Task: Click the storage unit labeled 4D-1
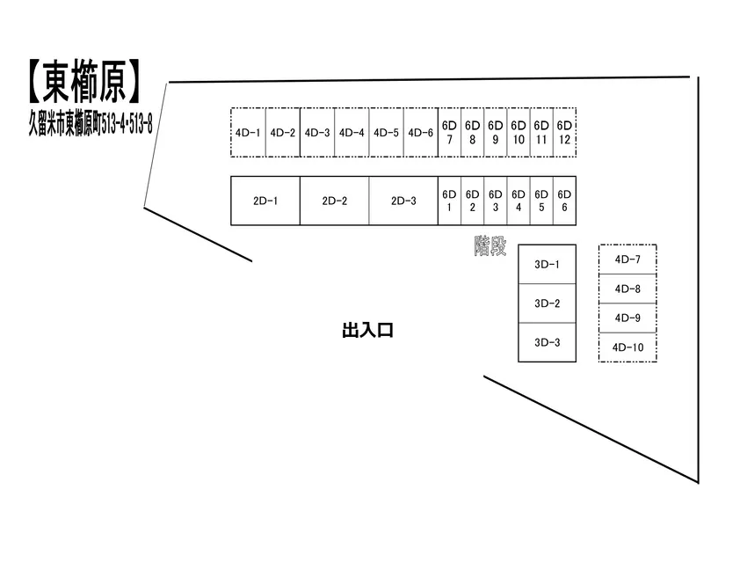[x=248, y=133]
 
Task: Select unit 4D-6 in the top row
[x=421, y=133]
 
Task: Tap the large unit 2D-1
[x=265, y=201]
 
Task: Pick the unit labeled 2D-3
[x=403, y=201]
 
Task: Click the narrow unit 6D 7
[x=449, y=133]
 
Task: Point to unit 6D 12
[x=564, y=133]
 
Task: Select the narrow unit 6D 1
[x=449, y=201]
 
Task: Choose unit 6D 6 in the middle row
[x=564, y=201]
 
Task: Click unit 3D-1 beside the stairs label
[x=547, y=265]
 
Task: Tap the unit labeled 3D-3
[x=547, y=343]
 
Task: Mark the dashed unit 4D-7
[x=627, y=260]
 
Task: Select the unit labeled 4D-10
[x=627, y=347]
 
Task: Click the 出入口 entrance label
[x=367, y=331]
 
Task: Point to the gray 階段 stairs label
[x=490, y=246]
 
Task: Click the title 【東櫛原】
[x=83, y=82]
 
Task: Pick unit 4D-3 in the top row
[x=317, y=133]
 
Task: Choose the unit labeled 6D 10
[x=519, y=133]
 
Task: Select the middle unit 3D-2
[x=547, y=303]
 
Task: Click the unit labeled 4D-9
[x=627, y=318]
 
